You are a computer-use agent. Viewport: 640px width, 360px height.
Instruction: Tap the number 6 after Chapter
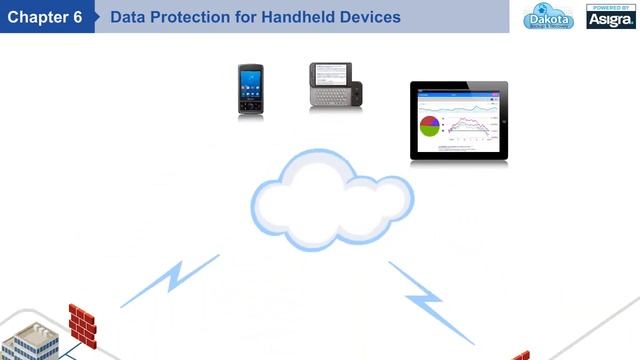pyautogui.click(x=77, y=17)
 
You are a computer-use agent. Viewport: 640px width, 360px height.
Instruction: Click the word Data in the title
pyautogui.click(x=127, y=17)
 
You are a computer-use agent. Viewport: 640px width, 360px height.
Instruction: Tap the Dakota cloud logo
pyautogui.click(x=549, y=17)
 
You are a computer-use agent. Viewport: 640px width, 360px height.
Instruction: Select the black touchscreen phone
pyautogui.click(x=250, y=91)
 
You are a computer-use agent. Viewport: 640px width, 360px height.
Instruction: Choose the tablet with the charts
pyautogui.click(x=458, y=122)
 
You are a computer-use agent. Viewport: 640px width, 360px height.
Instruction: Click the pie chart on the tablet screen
pyautogui.click(x=430, y=126)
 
